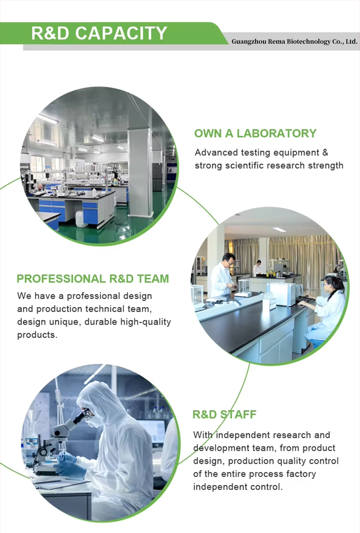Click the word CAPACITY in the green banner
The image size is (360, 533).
point(121,33)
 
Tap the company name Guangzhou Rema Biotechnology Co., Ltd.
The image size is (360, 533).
point(294,41)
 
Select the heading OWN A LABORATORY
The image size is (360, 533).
point(255,133)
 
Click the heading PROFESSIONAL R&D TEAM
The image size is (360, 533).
point(93,279)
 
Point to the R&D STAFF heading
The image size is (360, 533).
point(224,415)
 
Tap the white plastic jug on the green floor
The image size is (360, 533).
point(81,219)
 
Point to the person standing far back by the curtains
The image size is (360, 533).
point(257,268)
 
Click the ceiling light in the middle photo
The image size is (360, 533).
point(279,230)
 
